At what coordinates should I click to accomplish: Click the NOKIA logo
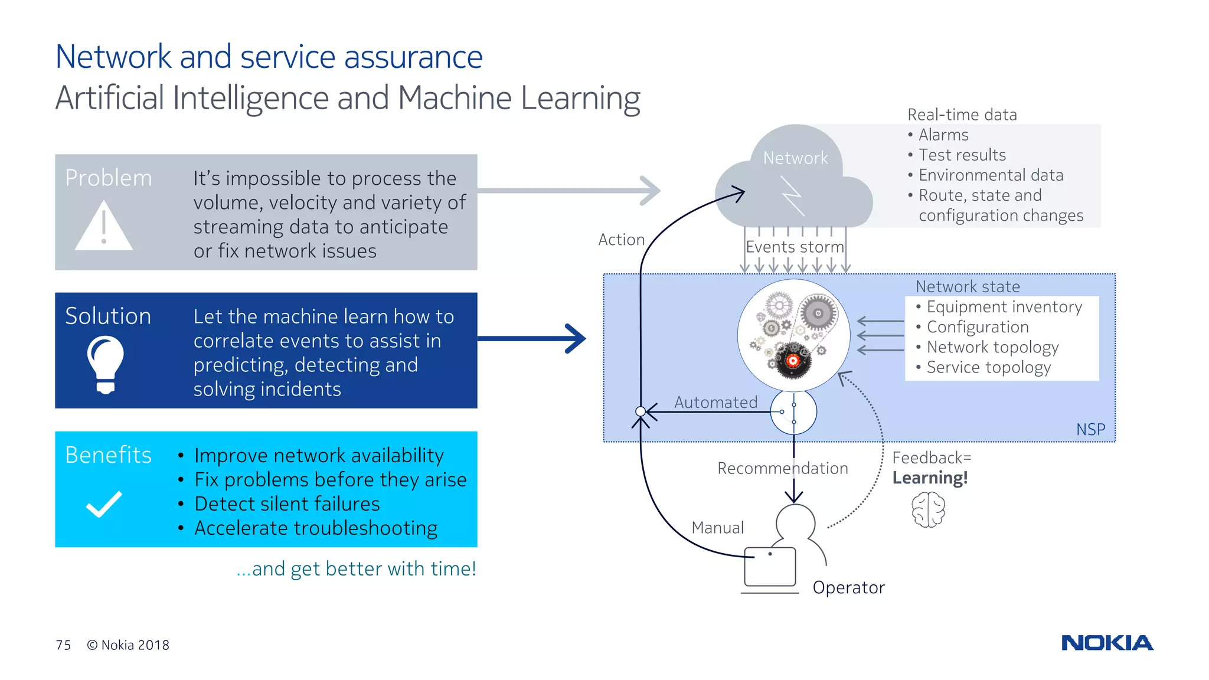(1107, 643)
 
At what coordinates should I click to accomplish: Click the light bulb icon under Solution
(106, 364)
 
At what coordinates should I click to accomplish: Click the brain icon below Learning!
(928, 511)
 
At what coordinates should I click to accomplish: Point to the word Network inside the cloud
(795, 158)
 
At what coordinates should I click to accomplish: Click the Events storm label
(795, 247)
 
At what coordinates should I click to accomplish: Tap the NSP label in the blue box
(1090, 429)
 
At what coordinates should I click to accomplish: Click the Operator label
(848, 587)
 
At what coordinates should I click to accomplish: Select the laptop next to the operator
(770, 568)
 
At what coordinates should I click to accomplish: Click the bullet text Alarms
(943, 135)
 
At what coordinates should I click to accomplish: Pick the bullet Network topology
(992, 347)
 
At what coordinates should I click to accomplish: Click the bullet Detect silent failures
(287, 504)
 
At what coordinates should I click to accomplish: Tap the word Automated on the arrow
(715, 403)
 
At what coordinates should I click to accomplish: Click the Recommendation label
(782, 468)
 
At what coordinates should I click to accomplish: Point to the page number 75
(63, 645)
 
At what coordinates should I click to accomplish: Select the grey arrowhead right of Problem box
(651, 191)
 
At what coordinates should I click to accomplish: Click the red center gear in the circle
(793, 360)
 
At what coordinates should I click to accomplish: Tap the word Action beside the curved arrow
(621, 240)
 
